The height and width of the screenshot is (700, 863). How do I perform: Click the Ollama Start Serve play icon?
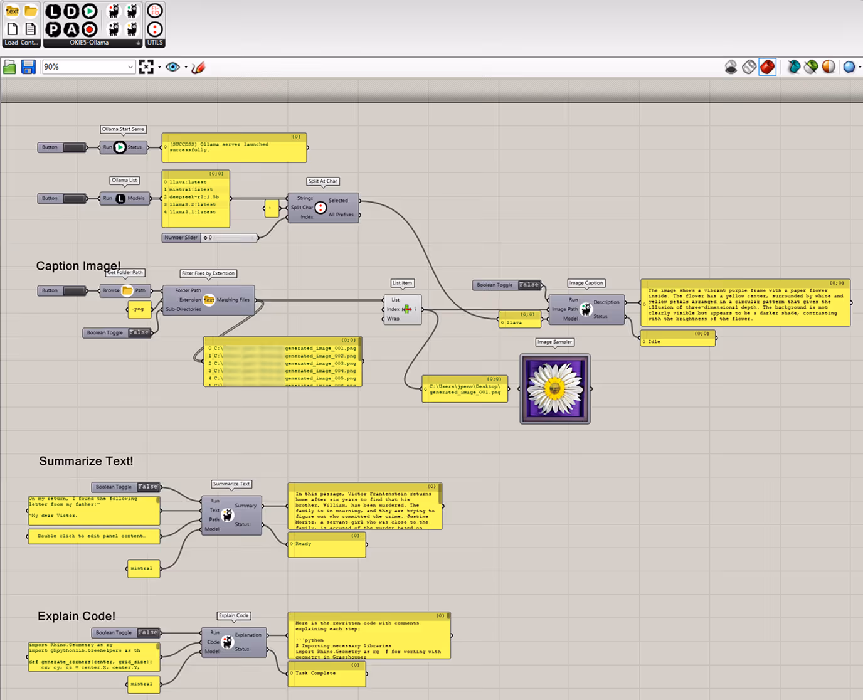click(x=120, y=147)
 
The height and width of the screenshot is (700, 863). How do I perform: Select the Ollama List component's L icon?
click(x=120, y=198)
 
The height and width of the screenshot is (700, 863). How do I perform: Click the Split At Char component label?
click(x=322, y=181)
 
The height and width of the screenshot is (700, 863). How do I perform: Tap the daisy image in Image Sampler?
click(x=554, y=389)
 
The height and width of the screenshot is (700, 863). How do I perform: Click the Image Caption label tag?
click(x=586, y=283)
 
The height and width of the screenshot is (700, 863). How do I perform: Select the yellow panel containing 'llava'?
click(x=520, y=320)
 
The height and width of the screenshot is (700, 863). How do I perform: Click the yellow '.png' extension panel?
click(x=139, y=309)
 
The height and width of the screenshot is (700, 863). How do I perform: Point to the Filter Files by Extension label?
click(x=208, y=273)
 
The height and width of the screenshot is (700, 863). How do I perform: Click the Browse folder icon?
click(x=127, y=290)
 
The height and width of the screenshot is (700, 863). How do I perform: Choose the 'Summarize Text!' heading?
click(x=86, y=461)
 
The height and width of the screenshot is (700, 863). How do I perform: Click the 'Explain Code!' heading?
click(x=77, y=616)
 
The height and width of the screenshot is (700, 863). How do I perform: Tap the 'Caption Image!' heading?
click(x=78, y=265)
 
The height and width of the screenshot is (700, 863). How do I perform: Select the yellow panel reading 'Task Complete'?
click(x=327, y=674)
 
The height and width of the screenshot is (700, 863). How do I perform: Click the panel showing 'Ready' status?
click(x=327, y=544)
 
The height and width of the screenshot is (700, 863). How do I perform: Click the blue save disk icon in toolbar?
click(x=28, y=67)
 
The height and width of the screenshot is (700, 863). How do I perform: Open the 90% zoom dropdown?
click(x=130, y=67)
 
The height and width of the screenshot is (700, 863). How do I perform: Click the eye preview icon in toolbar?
click(x=172, y=67)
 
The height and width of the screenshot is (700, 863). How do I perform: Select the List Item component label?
click(x=402, y=283)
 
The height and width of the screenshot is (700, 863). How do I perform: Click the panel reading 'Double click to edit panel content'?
click(x=93, y=536)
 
